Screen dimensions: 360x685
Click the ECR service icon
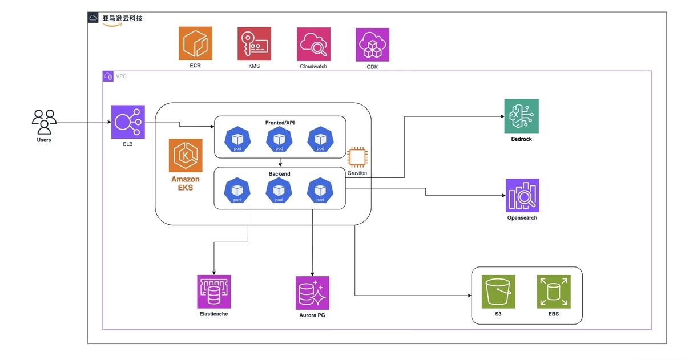click(x=195, y=43)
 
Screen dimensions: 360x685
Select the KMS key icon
click(x=254, y=43)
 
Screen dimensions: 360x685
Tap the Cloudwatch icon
click(x=313, y=44)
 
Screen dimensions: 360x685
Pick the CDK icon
click(x=372, y=45)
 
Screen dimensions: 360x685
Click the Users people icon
click(x=44, y=122)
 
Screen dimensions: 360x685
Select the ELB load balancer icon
click(x=128, y=122)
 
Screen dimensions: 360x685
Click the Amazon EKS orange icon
click(x=186, y=155)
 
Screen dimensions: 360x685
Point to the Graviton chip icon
click(x=357, y=157)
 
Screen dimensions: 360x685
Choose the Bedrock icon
click(x=521, y=116)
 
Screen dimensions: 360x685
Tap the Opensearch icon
click(x=522, y=196)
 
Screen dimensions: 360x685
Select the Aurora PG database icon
click(x=312, y=293)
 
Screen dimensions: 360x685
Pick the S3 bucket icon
click(x=498, y=292)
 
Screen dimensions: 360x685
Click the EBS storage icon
click(x=553, y=292)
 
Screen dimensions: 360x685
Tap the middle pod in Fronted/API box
click(x=279, y=139)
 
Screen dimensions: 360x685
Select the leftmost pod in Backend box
click(x=237, y=191)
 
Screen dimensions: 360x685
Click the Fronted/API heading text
click(x=280, y=123)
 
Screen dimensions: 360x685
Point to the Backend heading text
click(x=280, y=173)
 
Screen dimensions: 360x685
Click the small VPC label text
click(x=122, y=76)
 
